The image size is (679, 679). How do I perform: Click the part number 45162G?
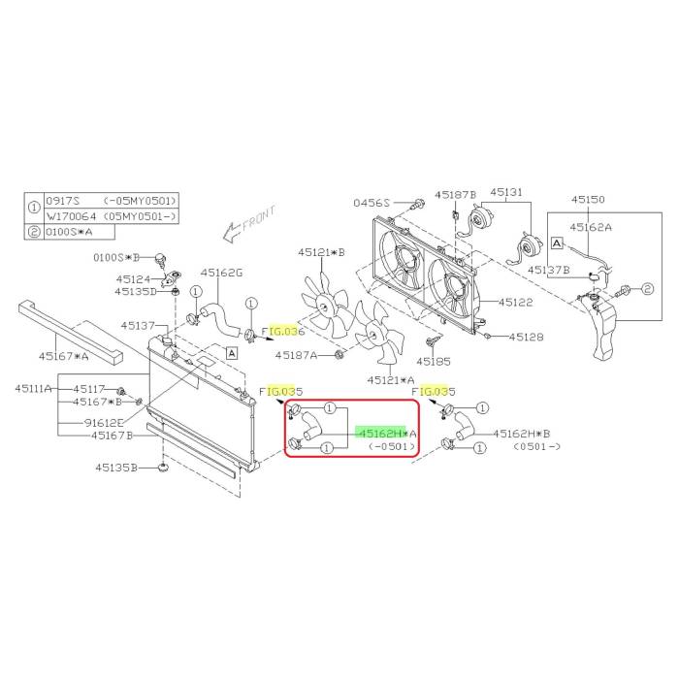(221, 273)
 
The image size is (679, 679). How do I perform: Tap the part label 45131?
(505, 192)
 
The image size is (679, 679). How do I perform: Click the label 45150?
(588, 199)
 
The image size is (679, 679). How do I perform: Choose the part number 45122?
(515, 302)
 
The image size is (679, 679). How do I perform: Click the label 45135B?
(116, 468)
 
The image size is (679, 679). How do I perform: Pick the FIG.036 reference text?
(283, 332)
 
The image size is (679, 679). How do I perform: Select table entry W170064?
(71, 216)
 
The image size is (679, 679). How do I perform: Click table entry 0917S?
(63, 201)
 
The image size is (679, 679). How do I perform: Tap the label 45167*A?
(64, 356)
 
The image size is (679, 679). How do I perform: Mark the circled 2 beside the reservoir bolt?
(647, 289)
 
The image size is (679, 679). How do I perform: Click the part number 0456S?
(372, 203)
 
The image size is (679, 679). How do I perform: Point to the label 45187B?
(456, 195)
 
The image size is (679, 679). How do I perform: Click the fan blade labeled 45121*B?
(326, 307)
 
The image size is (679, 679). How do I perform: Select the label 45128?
(526, 337)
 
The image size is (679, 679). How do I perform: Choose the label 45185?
(434, 361)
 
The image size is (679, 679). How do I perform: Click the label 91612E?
(104, 422)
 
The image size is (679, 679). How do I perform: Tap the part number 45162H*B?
(522, 433)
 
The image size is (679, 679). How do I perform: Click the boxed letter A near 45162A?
(557, 243)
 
